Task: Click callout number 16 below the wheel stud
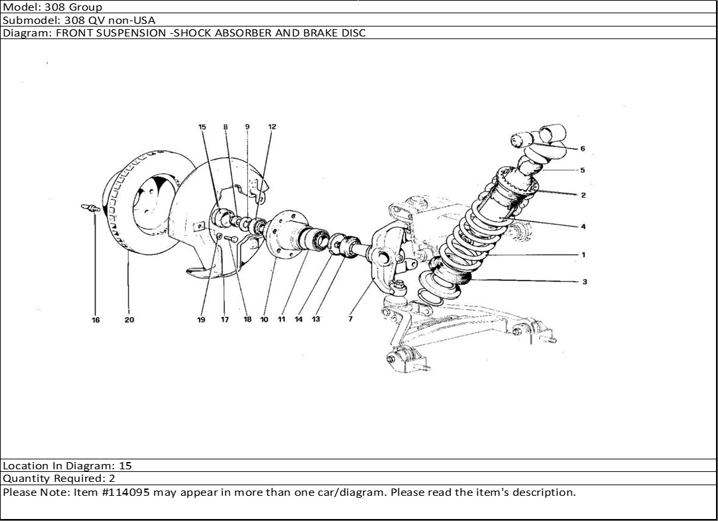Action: click(x=95, y=320)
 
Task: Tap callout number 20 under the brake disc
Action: click(x=129, y=319)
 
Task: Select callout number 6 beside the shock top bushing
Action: click(x=583, y=148)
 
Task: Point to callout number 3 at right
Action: click(x=585, y=282)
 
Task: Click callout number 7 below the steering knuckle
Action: click(x=350, y=319)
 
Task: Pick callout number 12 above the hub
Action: click(x=272, y=127)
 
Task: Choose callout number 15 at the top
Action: click(x=202, y=127)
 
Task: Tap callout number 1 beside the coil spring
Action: click(x=583, y=255)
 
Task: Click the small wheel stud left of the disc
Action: click(x=91, y=208)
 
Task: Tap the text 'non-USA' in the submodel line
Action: click(x=131, y=20)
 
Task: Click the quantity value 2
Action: click(x=112, y=479)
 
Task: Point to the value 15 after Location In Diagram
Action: click(x=125, y=466)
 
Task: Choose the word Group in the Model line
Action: click(x=86, y=7)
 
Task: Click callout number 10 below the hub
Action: click(x=265, y=319)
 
